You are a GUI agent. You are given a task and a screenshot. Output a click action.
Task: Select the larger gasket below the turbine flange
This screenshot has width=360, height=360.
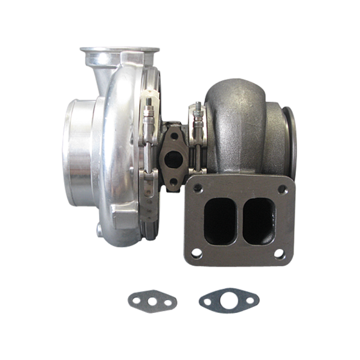coord(229,301)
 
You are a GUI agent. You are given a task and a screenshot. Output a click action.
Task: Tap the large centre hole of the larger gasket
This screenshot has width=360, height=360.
coord(229,301)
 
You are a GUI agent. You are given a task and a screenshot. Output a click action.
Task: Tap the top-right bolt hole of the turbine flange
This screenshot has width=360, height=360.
coord(283,188)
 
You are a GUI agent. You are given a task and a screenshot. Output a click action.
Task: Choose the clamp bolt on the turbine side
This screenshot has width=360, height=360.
coord(196,119)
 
